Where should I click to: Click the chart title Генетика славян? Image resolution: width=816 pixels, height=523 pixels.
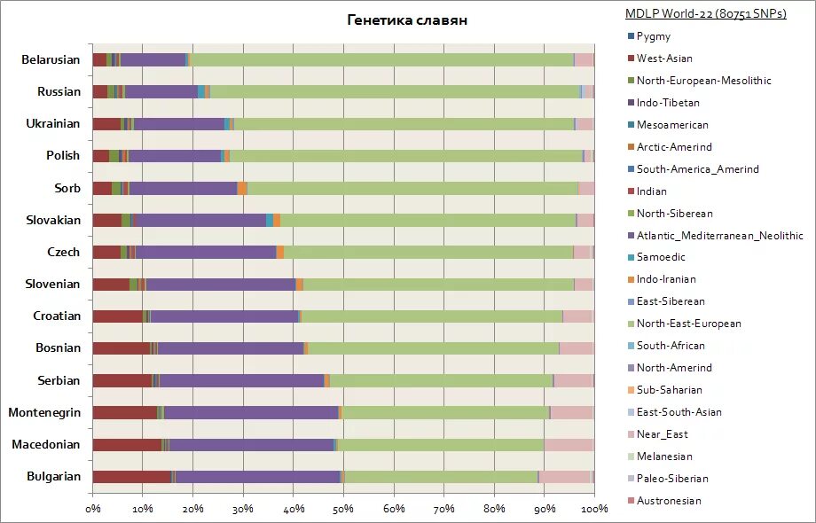tap(407, 20)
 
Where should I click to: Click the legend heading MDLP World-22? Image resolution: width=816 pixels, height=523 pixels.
tap(706, 13)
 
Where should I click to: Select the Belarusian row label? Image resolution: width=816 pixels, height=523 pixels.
tap(51, 60)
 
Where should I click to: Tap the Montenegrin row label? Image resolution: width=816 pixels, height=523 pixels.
tap(44, 412)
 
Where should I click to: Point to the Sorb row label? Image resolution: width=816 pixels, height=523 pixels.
tap(67, 188)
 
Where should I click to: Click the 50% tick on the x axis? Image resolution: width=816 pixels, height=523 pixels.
tap(343, 509)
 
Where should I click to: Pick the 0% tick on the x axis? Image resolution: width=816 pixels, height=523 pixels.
tap(93, 509)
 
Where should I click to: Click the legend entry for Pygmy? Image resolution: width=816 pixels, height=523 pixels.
tap(654, 36)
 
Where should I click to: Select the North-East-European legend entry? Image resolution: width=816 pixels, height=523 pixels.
tap(688, 324)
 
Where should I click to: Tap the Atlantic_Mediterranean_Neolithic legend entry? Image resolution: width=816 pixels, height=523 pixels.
tap(719, 236)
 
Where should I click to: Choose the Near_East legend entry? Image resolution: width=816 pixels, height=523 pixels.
tap(662, 434)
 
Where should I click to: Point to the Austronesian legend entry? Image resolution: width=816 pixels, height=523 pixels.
tap(669, 501)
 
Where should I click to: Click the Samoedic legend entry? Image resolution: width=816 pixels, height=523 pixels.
tap(661, 257)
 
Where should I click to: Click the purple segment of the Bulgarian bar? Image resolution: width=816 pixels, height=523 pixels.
tap(257, 477)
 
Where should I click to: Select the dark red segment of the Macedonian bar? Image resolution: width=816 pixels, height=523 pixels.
tap(127, 445)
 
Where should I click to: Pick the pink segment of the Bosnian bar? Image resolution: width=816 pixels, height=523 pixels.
tap(577, 348)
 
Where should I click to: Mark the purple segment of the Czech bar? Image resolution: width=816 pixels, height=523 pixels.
tap(206, 253)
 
